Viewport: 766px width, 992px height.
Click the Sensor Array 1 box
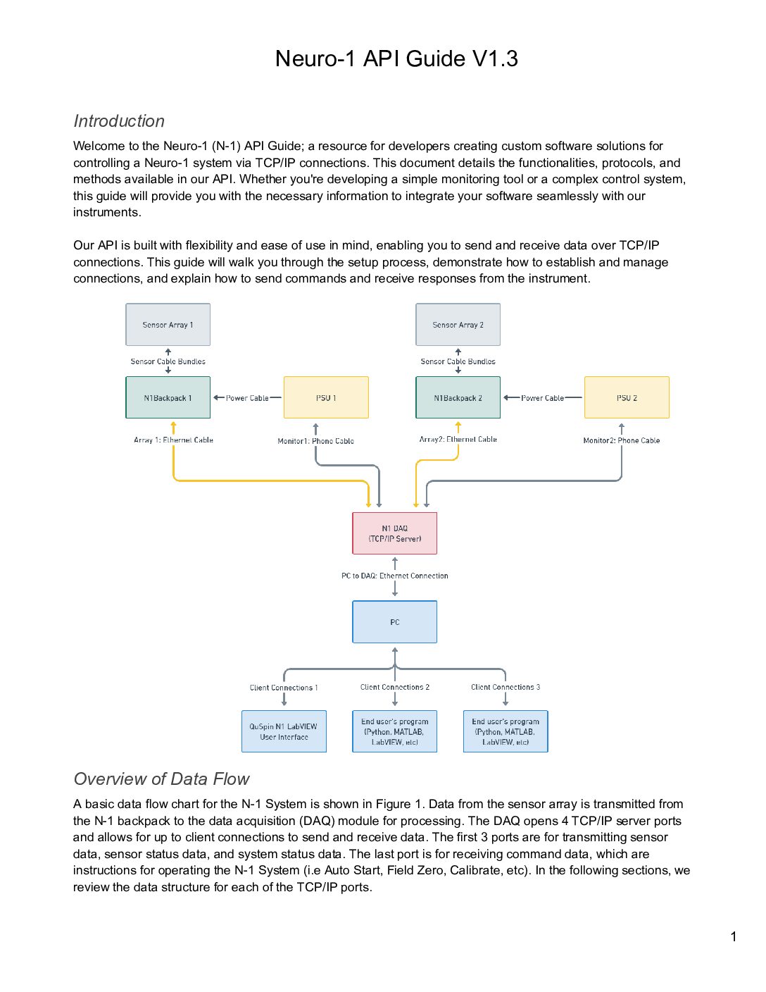pos(168,325)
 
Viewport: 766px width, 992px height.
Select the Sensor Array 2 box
pos(458,325)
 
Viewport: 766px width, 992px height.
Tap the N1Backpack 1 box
pos(168,397)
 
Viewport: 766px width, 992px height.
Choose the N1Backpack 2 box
pos(458,397)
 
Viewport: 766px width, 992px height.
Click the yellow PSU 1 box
pos(326,397)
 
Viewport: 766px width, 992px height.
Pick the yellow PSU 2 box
pos(627,397)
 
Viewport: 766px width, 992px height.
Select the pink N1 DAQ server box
pos(395,533)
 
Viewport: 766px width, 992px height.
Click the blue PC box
pos(395,622)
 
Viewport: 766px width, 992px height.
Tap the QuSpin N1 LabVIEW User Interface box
pos(284,731)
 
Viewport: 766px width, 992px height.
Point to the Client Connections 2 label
pos(395,687)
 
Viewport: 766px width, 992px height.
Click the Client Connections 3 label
pos(506,687)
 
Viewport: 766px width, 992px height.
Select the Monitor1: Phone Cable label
pos(315,441)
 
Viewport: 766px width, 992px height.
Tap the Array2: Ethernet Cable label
pos(458,439)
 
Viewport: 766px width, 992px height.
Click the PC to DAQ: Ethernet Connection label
pos(395,576)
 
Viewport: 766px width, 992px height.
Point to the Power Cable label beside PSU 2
pos(542,398)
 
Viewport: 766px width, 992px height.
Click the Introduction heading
pos(119,121)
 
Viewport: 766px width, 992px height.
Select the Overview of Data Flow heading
pos(161,779)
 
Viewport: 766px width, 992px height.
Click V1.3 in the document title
pos(495,58)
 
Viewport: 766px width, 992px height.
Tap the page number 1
pos(734,937)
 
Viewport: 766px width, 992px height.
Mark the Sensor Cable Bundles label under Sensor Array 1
pos(168,361)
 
